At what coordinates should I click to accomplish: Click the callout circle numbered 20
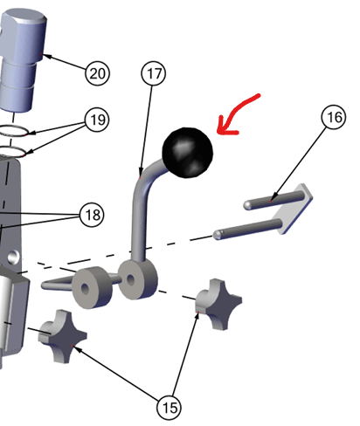97,73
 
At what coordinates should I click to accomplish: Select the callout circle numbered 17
154,73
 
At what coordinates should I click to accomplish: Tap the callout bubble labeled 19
97,120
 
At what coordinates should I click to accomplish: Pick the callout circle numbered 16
334,117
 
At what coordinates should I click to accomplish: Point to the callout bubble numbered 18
92,215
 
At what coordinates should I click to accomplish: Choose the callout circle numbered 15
169,408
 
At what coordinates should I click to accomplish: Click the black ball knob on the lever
188,153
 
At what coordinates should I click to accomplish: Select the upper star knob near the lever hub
218,304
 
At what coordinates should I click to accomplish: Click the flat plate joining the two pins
293,209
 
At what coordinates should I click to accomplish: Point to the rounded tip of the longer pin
217,235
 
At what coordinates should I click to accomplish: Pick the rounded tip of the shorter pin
247,205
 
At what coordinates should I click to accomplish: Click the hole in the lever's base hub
131,280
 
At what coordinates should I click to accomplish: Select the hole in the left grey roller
85,288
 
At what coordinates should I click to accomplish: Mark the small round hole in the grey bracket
13,257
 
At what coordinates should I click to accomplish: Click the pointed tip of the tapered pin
43,285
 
